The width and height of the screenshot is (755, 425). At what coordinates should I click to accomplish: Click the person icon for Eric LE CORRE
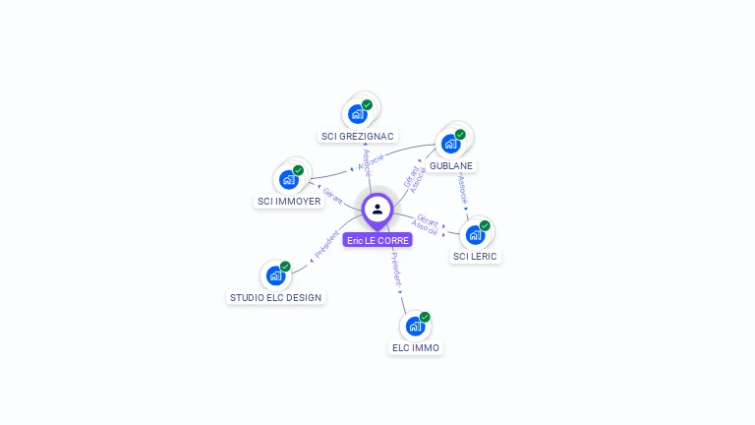[x=377, y=209]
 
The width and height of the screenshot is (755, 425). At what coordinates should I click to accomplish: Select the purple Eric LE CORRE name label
[x=377, y=240]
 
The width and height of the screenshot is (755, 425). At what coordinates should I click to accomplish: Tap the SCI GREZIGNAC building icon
[x=358, y=114]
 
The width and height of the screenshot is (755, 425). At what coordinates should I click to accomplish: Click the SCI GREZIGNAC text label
[x=358, y=136]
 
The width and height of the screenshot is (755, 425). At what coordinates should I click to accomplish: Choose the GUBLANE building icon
[x=451, y=144]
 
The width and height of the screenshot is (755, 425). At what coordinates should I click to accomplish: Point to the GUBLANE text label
[x=451, y=165]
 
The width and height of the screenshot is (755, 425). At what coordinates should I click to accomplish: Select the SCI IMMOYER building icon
[x=289, y=180]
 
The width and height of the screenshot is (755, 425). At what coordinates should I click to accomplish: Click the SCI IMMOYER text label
[x=289, y=202]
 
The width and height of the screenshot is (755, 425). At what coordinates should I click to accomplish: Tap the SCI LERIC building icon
[x=475, y=235]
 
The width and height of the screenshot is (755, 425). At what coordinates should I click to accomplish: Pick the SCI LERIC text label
[x=475, y=257]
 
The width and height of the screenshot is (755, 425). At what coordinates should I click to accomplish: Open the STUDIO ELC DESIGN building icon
[x=275, y=276]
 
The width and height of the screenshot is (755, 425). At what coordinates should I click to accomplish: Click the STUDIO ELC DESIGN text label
[x=275, y=297]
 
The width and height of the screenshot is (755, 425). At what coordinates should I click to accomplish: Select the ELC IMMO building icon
[x=415, y=327]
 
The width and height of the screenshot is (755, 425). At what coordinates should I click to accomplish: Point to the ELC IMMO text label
[x=416, y=348]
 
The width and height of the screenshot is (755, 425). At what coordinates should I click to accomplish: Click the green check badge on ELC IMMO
[x=425, y=317]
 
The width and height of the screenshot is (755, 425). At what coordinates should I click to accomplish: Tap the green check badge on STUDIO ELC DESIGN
[x=285, y=267]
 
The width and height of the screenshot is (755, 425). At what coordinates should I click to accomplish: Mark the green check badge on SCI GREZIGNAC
[x=367, y=104]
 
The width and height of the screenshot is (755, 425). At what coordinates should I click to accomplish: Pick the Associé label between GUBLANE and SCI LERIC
[x=463, y=189]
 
